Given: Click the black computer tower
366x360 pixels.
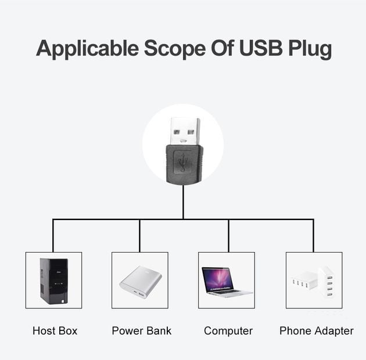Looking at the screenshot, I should click(x=53, y=280).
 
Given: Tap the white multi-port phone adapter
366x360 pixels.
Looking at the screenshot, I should click(x=313, y=281).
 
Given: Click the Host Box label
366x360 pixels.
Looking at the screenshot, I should click(x=55, y=331).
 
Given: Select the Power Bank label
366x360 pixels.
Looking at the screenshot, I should click(x=142, y=331).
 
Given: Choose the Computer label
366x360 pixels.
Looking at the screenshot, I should click(x=228, y=331).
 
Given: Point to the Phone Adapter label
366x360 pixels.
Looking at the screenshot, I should click(x=317, y=331).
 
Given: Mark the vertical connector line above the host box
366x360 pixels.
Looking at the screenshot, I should click(x=53, y=235).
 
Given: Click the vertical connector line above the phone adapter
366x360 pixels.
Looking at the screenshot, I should click(x=314, y=235).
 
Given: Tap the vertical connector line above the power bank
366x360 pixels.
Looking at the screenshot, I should click(x=140, y=235).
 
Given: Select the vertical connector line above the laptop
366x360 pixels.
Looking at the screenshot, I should click(x=228, y=235).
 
